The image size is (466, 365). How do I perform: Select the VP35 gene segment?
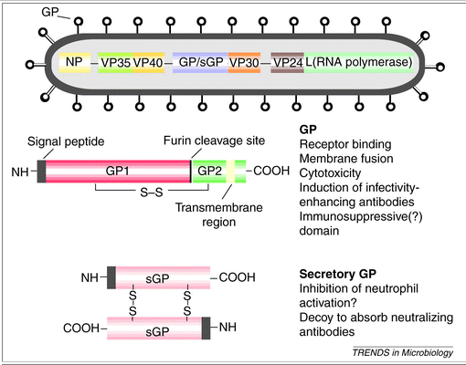(114, 62)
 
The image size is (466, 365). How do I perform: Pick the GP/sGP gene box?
(198, 62)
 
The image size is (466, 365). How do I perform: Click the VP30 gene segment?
(245, 62)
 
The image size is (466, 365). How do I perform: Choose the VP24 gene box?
(290, 62)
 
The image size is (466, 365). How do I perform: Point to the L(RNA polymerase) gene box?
(359, 62)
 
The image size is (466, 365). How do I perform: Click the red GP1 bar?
(117, 170)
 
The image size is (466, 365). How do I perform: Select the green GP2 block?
(209, 170)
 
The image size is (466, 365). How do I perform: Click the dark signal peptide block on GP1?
(40, 170)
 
